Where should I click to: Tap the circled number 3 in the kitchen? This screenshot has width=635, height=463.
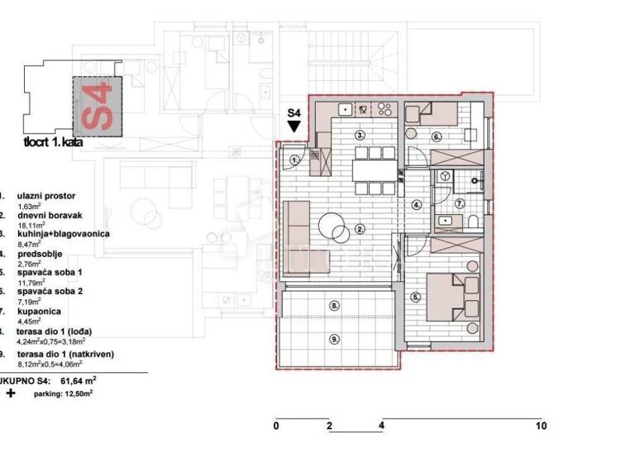360,134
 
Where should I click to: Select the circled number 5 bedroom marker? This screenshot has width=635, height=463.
414,296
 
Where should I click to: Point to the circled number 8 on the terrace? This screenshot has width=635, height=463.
334,306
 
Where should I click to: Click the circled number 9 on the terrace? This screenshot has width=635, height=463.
334,337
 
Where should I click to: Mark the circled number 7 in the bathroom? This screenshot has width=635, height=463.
461,203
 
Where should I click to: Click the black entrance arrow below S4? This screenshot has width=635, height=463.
294,126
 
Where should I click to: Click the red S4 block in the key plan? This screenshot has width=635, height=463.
97,106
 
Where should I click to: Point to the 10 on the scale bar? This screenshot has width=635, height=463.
541,426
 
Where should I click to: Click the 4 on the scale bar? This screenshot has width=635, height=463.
381,426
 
